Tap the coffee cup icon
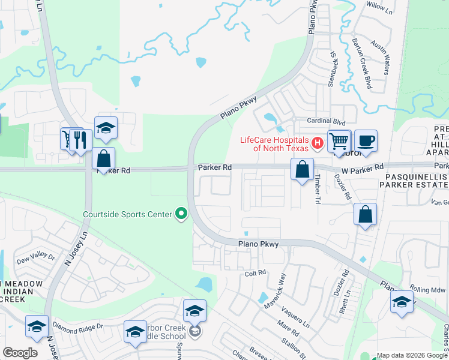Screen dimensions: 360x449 [x=366, y=141]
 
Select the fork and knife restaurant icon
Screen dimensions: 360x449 [x=80, y=140]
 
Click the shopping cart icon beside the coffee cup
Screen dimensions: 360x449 [x=339, y=141]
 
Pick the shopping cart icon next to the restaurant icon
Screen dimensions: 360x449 [x=67, y=140]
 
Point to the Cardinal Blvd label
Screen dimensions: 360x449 [x=327, y=121]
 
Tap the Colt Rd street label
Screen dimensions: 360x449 [x=255, y=272]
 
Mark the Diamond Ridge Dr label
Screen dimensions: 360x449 [x=78, y=328]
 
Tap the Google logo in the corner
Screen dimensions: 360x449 [x=20, y=352]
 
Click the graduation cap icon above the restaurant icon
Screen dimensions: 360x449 [x=106, y=127]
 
